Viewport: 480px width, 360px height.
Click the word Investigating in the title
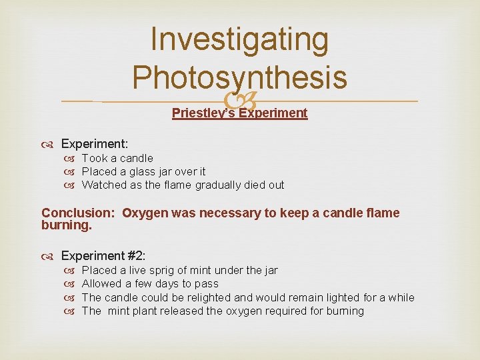[239, 41]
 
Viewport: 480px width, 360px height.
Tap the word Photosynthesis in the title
[239, 77]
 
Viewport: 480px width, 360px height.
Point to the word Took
[93, 158]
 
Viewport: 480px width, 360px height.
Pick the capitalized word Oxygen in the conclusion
[145, 213]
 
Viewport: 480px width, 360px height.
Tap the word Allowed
[102, 283]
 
